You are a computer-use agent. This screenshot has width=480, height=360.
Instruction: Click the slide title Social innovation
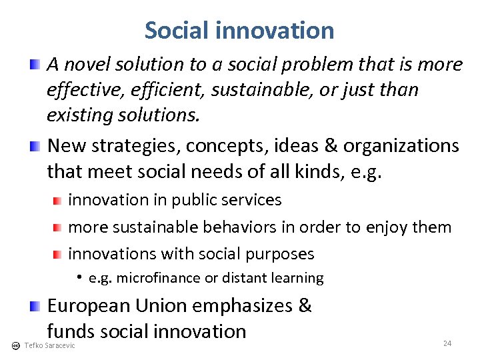[239, 31]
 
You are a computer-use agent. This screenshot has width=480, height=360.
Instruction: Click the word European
[88, 306]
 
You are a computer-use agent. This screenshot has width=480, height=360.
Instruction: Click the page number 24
[447, 343]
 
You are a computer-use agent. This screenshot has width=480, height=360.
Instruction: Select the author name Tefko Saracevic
[49, 345]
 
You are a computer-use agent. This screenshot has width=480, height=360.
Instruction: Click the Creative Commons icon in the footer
[15, 345]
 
